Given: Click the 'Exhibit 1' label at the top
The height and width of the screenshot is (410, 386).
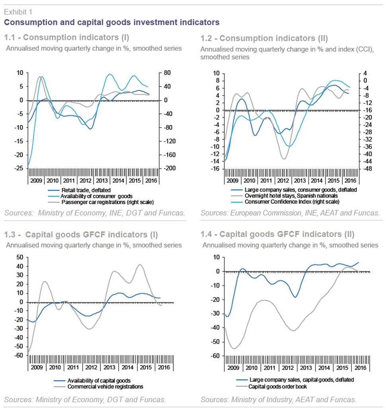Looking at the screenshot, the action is coord(18,12).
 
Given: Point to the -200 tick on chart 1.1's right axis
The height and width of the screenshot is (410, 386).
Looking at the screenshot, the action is coord(169,168).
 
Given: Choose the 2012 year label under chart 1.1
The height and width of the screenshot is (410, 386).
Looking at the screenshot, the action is coord(85,181).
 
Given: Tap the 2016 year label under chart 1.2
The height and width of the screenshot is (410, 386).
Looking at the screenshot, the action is coord(350,181).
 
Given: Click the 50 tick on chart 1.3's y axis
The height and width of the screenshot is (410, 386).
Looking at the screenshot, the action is coord(20,257).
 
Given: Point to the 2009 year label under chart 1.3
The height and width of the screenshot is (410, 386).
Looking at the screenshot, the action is coord(37,367).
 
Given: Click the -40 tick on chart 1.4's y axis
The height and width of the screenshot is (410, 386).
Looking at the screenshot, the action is coord(216,328).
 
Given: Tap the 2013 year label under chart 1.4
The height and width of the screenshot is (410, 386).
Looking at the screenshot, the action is coord(306,368).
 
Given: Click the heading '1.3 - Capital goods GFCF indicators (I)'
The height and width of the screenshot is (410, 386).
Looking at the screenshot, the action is coord(81,235).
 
